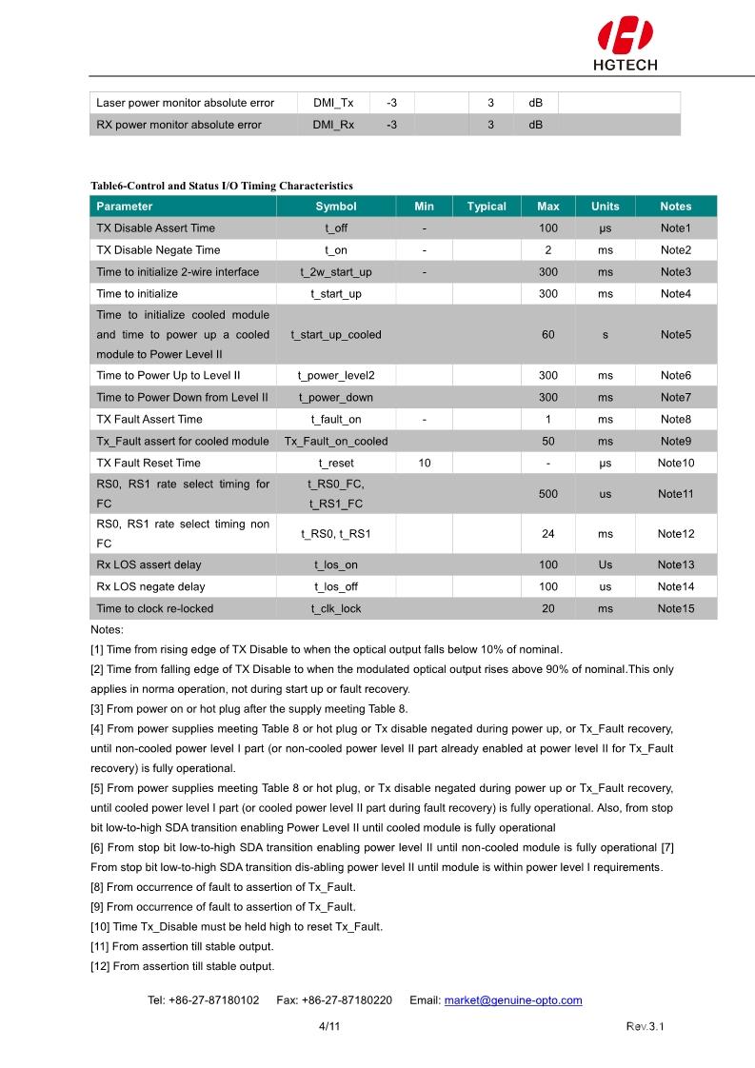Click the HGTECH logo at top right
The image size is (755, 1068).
click(x=626, y=45)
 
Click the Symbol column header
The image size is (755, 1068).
click(x=336, y=207)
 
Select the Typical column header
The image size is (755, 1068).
click(x=487, y=207)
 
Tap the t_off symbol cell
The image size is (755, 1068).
click(x=336, y=228)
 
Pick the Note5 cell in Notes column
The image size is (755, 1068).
click(x=675, y=335)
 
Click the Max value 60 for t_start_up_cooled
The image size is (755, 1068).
click(x=548, y=335)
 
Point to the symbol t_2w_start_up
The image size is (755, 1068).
click(x=336, y=272)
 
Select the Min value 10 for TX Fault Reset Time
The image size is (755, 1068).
click(x=425, y=464)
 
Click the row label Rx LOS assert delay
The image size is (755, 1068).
click(x=149, y=565)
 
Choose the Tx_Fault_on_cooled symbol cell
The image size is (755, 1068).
click(x=336, y=442)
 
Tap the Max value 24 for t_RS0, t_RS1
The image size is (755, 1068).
click(x=548, y=534)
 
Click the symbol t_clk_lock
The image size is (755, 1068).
click(x=336, y=609)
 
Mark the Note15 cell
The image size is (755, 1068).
click(x=675, y=609)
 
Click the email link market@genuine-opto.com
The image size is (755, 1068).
click(x=513, y=1000)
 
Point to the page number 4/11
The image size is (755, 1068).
click(x=329, y=1027)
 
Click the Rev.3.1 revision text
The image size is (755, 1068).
click(x=645, y=1027)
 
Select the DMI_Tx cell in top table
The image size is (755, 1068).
click(x=333, y=103)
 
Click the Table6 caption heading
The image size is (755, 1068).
click(x=221, y=186)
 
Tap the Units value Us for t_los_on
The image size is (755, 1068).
click(x=606, y=565)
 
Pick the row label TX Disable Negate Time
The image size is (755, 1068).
click(x=158, y=250)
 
